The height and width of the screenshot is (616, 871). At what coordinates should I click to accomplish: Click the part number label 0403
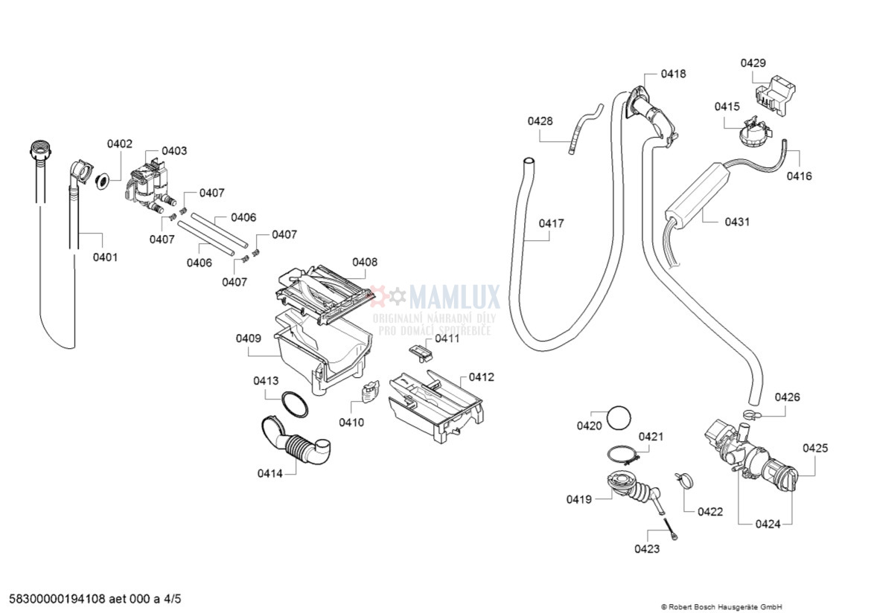174,151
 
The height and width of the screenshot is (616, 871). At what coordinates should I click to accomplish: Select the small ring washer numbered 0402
103,181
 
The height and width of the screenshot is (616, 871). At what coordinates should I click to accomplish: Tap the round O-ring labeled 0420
619,418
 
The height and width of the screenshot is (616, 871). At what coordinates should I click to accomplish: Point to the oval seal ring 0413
294,405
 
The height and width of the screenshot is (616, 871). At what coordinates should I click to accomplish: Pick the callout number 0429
753,62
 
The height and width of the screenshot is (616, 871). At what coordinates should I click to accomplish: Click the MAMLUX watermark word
454,297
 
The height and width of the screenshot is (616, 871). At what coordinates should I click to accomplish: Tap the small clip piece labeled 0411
421,350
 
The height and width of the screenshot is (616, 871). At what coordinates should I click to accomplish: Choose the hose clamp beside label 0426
750,414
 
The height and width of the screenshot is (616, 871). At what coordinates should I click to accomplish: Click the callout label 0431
737,222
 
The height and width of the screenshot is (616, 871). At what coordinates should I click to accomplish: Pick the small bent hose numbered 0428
584,128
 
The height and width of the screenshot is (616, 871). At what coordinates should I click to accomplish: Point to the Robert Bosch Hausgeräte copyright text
721,607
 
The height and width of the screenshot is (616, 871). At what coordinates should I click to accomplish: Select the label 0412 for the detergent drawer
481,377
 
